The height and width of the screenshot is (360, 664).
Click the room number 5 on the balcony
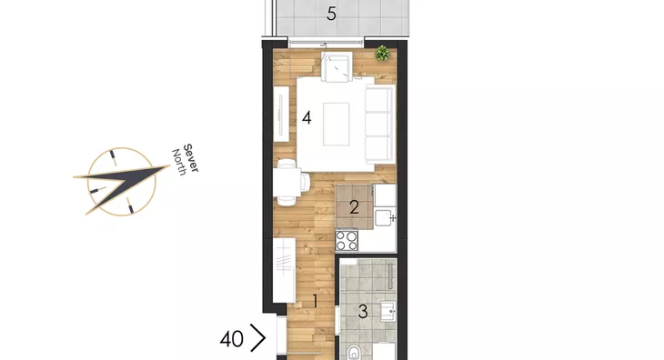point(332,14)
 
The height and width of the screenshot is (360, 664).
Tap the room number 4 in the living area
point(307,117)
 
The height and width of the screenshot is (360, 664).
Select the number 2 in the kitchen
point(355,207)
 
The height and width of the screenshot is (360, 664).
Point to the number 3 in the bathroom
point(363,312)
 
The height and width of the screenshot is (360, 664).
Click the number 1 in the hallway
point(315,301)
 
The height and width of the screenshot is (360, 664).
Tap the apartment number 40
point(232,339)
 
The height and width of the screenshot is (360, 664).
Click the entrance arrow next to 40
point(258,338)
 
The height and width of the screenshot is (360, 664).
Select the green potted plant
point(382,53)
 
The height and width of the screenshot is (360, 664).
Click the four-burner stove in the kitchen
point(347,240)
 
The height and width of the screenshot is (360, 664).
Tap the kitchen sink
point(385,217)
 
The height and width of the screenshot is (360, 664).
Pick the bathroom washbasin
point(387,311)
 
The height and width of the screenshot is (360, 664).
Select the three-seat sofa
point(380,124)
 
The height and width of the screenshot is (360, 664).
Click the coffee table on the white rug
point(337,124)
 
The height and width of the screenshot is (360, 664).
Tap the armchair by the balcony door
point(337,66)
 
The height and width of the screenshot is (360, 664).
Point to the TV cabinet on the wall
point(281,114)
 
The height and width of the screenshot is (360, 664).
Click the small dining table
point(287,183)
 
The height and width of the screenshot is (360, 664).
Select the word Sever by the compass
point(191,158)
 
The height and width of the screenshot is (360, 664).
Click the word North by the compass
point(178,162)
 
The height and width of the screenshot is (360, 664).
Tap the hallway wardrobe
point(284,270)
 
